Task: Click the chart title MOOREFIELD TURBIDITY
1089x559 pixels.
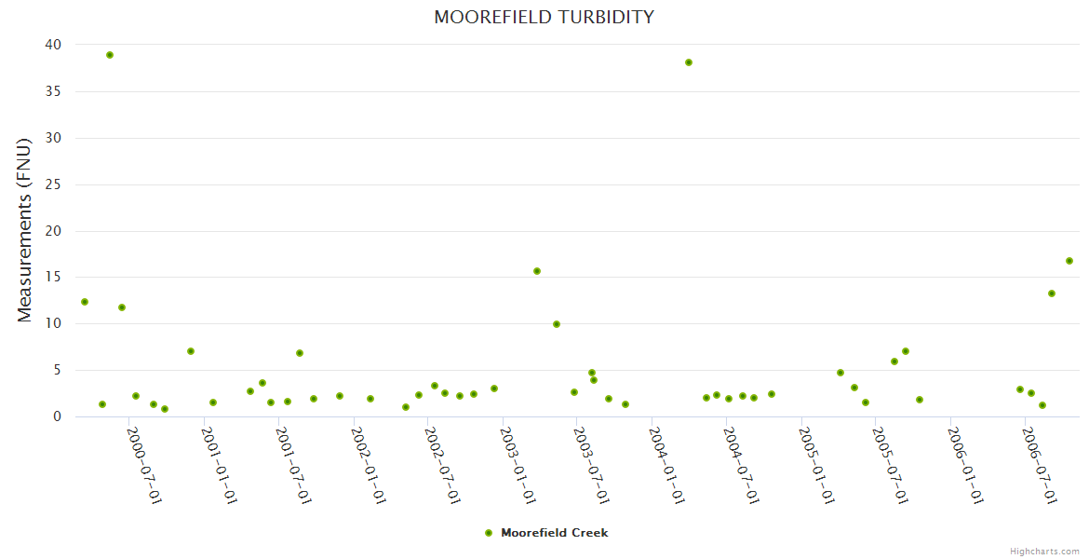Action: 544,18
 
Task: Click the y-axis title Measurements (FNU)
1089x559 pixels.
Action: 25,229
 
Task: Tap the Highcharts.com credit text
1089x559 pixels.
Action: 1044,552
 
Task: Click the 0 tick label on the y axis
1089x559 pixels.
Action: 57,416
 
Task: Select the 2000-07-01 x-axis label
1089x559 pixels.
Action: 144,465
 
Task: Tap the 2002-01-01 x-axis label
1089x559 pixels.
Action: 369,465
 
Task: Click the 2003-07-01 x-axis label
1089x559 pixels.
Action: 591,465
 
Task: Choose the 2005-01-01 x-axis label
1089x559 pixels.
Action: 815,465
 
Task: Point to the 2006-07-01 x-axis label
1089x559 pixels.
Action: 1039,465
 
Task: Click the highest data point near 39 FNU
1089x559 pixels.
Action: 110,55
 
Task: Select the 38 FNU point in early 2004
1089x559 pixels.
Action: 689,62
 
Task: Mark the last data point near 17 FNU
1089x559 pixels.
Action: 1069,261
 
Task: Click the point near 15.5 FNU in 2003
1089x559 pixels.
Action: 537,271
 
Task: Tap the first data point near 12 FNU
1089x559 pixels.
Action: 85,302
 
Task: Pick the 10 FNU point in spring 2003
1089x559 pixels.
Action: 557,324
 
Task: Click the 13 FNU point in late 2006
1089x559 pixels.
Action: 1052,293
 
